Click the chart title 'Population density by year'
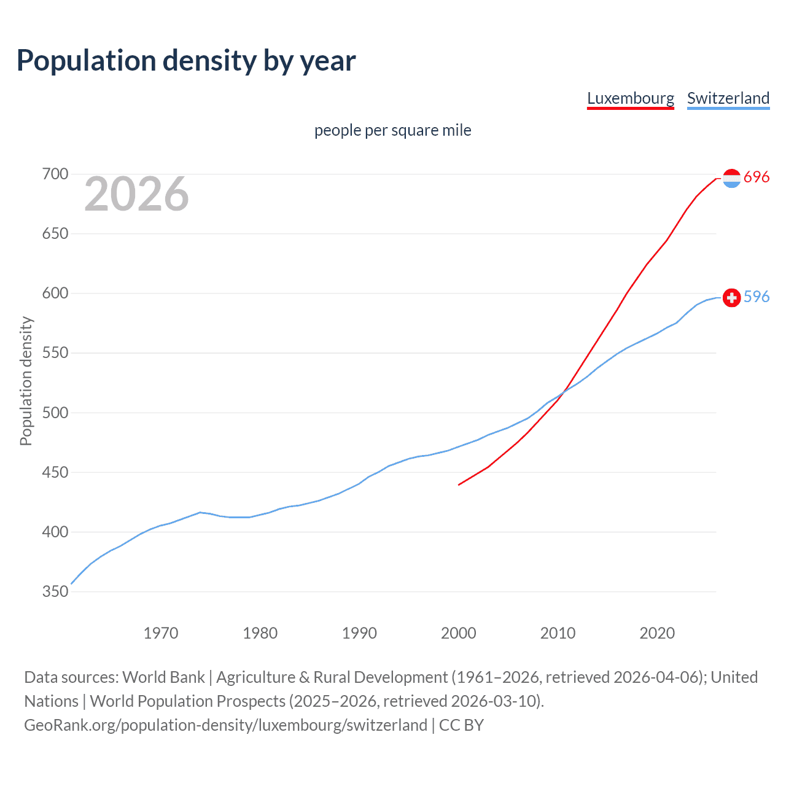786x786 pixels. pyautogui.click(x=186, y=61)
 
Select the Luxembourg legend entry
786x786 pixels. pyautogui.click(x=630, y=98)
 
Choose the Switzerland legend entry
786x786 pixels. pyautogui.click(x=728, y=98)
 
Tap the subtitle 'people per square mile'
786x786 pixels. pyautogui.click(x=392, y=130)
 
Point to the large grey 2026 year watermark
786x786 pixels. pyautogui.click(x=136, y=194)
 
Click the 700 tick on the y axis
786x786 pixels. pyautogui.click(x=55, y=174)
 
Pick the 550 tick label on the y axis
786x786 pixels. pyautogui.click(x=55, y=353)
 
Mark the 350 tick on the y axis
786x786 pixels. pyautogui.click(x=55, y=591)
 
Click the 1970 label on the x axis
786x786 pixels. pyautogui.click(x=161, y=632)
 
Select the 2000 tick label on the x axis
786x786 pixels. pyautogui.click(x=458, y=632)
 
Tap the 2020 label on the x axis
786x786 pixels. pyautogui.click(x=657, y=632)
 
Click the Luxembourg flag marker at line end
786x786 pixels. pyautogui.click(x=731, y=178)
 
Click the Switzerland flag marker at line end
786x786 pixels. pyautogui.click(x=731, y=298)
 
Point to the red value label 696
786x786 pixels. pyautogui.click(x=757, y=177)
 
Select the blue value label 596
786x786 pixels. pyautogui.click(x=757, y=297)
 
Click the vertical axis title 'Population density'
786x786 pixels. pyautogui.click(x=26, y=381)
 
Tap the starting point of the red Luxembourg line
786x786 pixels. pyautogui.click(x=459, y=484)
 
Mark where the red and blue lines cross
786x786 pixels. pyautogui.click(x=562, y=391)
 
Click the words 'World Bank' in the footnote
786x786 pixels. pyautogui.click(x=163, y=677)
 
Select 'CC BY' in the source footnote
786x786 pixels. pyautogui.click(x=461, y=725)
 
